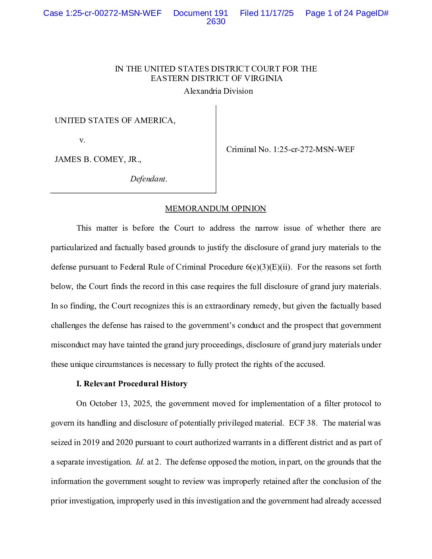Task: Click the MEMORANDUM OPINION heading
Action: (215, 208)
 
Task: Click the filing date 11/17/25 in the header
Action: (277, 13)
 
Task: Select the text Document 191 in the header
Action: (201, 13)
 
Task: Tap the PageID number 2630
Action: (216, 22)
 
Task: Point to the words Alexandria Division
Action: (218, 91)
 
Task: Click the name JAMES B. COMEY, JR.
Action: (98, 159)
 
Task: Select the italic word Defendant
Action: (148, 179)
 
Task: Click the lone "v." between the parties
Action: (82, 140)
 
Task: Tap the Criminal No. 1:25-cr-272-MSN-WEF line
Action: (290, 149)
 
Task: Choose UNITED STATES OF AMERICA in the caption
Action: (115, 120)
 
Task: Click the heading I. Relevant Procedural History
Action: (132, 384)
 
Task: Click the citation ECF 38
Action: (303, 423)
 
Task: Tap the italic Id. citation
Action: (140, 462)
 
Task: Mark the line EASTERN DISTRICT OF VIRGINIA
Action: (216, 78)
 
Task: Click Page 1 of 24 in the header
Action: (329, 13)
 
